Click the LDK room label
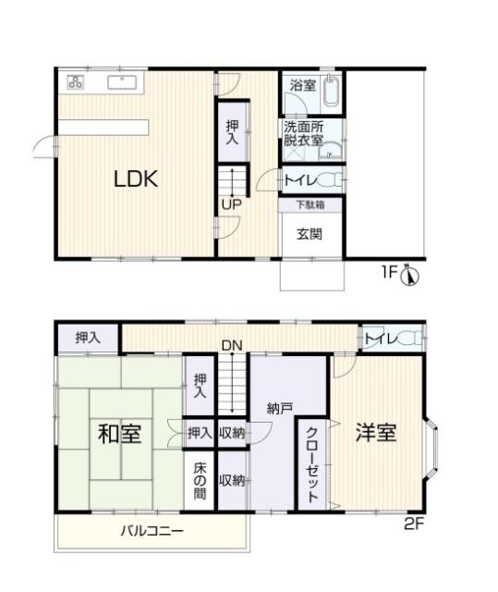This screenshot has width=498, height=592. click(x=136, y=179)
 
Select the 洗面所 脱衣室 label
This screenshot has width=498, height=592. click(x=302, y=134)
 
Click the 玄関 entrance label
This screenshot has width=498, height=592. click(x=310, y=234)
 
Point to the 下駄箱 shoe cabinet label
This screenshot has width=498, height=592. click(x=310, y=204)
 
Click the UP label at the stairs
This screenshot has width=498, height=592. click(x=230, y=205)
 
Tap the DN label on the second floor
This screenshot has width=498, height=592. click(x=231, y=346)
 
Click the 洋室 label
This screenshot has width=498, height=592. click(x=376, y=432)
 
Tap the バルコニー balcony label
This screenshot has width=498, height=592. click(x=152, y=532)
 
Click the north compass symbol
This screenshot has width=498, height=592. click(x=412, y=275)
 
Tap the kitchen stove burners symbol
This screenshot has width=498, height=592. click(x=75, y=82)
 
